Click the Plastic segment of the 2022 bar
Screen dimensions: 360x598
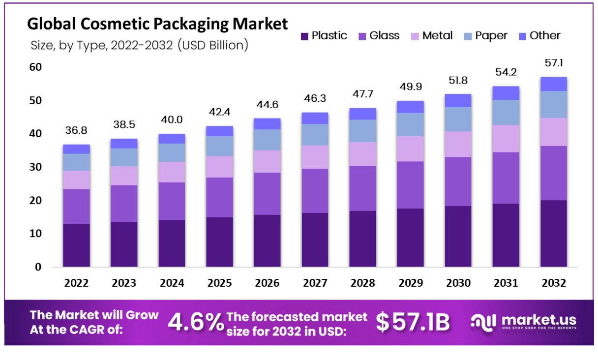(76, 245)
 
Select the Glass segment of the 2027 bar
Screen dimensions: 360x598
(315, 191)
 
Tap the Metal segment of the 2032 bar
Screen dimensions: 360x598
(554, 132)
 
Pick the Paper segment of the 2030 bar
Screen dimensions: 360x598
(458, 119)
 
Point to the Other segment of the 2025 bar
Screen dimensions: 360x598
(219, 131)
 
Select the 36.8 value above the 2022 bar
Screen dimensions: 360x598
(76, 131)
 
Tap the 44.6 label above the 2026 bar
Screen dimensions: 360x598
(267, 105)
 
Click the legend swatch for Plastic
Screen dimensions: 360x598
(304, 36)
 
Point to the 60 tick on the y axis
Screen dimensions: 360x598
(36, 67)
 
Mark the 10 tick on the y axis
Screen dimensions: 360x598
(36, 234)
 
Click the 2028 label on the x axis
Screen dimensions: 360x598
(362, 283)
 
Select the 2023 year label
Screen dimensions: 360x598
(124, 283)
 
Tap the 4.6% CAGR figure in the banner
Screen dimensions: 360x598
(195, 322)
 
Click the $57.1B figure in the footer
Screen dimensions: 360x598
(413, 322)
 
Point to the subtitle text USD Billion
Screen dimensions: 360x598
(212, 45)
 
